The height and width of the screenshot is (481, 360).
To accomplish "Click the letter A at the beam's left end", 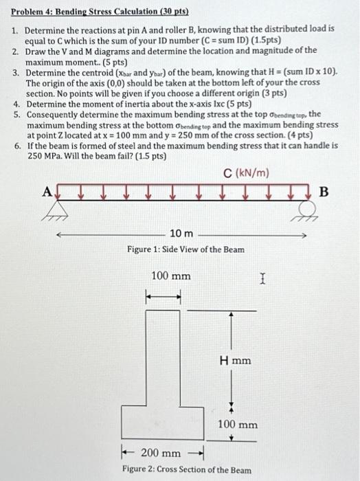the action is tap(48, 193).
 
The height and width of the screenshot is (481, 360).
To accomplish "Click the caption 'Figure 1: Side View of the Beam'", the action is tap(185, 249).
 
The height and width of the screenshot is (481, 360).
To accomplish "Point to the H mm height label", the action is tap(235, 360).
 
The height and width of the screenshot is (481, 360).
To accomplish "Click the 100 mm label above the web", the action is tap(171, 276).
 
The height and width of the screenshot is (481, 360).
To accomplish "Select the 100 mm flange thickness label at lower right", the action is tap(238, 425).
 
